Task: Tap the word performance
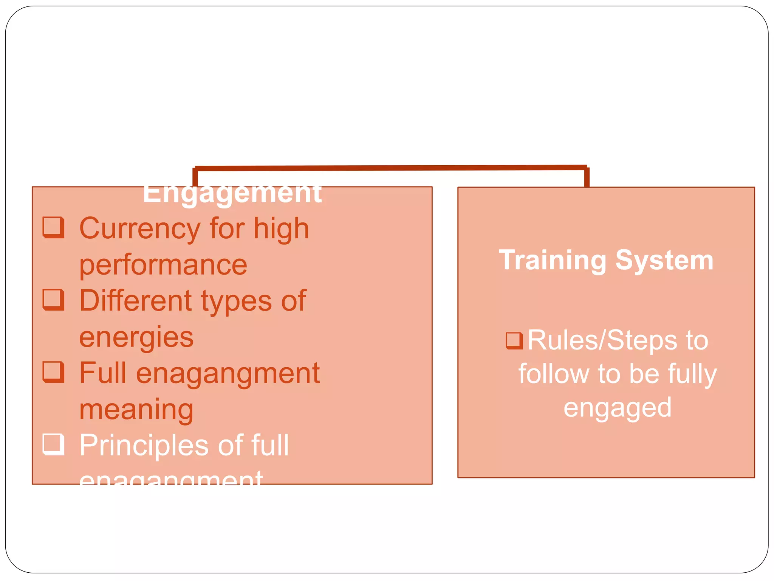click(163, 265)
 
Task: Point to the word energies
click(136, 337)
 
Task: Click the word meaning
click(136, 410)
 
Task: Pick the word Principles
click(144, 446)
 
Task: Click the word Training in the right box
click(552, 260)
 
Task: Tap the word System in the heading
click(664, 260)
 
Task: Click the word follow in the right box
click(553, 374)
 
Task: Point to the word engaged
click(618, 408)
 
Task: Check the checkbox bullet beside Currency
click(53, 227)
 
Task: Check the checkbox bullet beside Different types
click(53, 300)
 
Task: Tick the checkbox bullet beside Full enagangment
click(53, 372)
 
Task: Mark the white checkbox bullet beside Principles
click(53, 444)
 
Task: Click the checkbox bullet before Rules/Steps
click(514, 340)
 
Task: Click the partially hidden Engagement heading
click(232, 194)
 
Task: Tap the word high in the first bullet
click(281, 229)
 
